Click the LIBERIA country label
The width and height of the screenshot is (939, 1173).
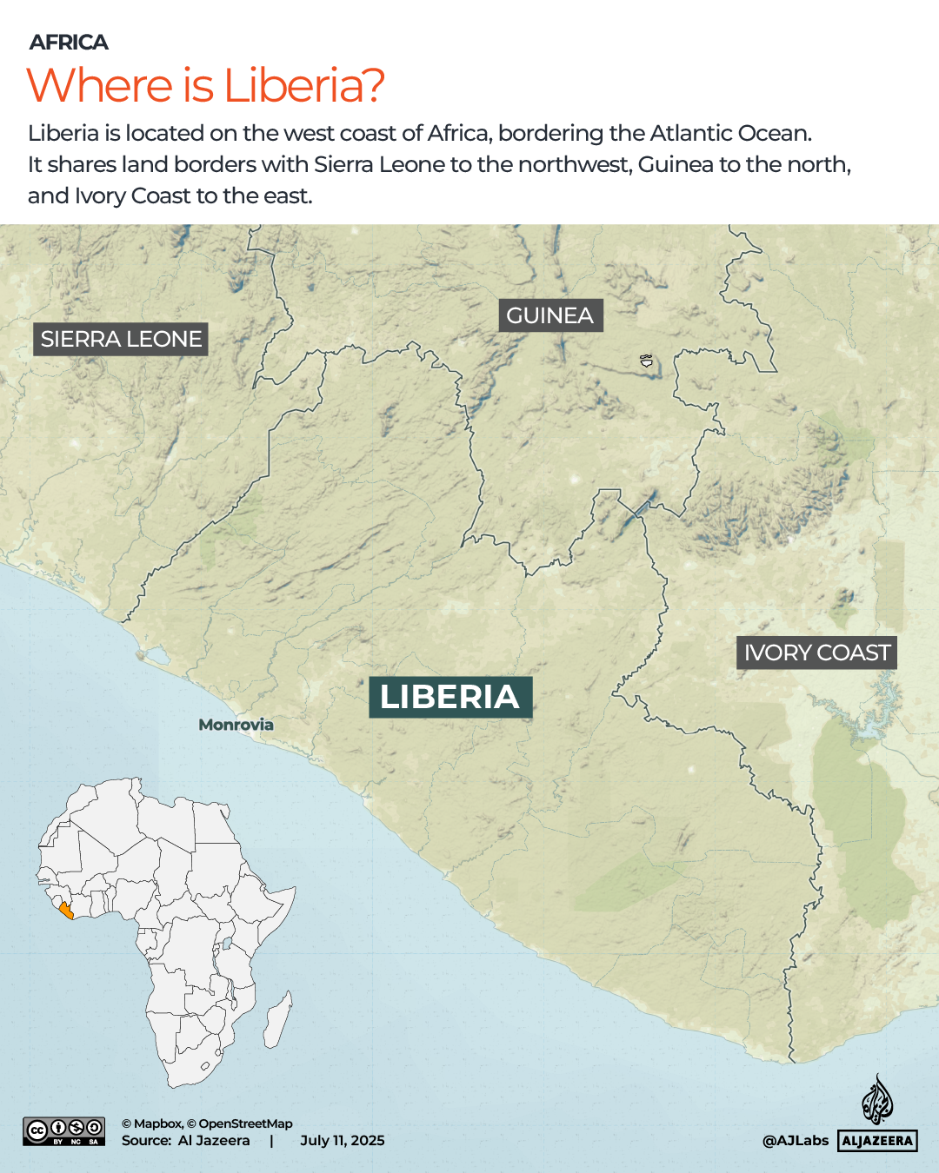(x=450, y=697)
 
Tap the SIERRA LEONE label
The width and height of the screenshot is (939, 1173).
(x=121, y=339)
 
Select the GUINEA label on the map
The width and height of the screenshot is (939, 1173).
(x=549, y=315)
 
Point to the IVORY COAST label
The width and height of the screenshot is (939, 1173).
(x=816, y=653)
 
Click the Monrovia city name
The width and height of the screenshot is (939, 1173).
(x=236, y=725)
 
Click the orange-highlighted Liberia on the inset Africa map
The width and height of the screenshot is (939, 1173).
(x=66, y=911)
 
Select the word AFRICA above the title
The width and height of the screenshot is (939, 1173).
(x=69, y=42)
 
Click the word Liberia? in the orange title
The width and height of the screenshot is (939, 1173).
(x=303, y=85)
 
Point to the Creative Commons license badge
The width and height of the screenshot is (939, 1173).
(x=64, y=1131)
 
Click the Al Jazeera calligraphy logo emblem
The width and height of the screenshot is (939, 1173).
(x=877, y=1100)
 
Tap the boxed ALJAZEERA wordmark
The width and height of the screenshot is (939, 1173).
(x=877, y=1141)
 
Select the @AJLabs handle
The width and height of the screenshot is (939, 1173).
(x=795, y=1141)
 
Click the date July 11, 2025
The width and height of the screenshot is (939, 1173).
(x=342, y=1141)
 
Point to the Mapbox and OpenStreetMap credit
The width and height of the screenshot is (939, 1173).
(x=207, y=1123)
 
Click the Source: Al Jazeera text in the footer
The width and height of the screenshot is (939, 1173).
(x=185, y=1141)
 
